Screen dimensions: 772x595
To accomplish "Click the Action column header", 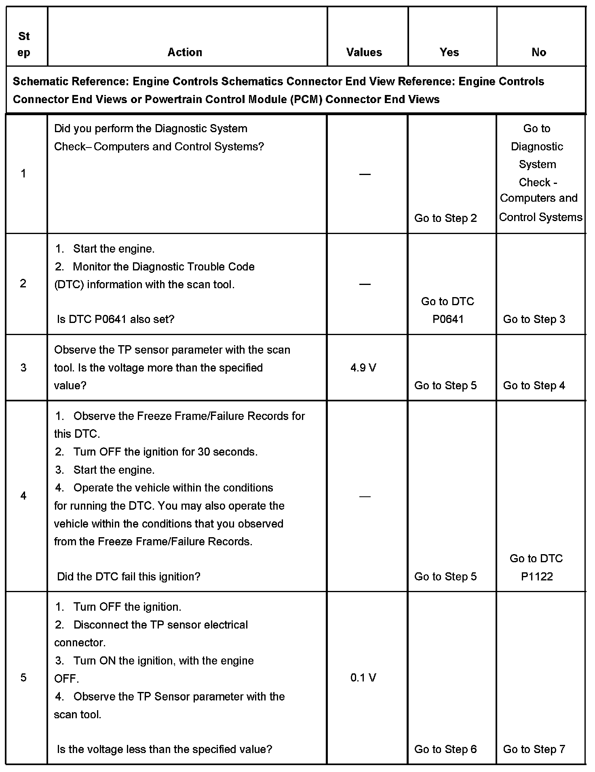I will pyautogui.click(x=185, y=52).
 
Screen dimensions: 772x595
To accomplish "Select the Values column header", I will pyautogui.click(x=364, y=52).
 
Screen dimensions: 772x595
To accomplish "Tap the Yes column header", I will pyautogui.click(x=449, y=52).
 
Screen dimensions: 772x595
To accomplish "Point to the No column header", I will pyautogui.click(x=538, y=52).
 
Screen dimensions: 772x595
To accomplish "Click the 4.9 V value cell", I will pyautogui.click(x=363, y=368).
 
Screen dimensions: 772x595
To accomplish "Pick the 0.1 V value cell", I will pyautogui.click(x=363, y=678).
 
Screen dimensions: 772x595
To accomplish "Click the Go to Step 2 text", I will pyautogui.click(x=445, y=218).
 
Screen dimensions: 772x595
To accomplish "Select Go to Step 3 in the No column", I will pyautogui.click(x=534, y=319).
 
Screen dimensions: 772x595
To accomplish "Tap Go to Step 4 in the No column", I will pyautogui.click(x=534, y=386).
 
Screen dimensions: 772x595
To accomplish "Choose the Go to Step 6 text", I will pyautogui.click(x=445, y=749).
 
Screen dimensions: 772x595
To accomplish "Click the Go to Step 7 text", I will pyautogui.click(x=534, y=749).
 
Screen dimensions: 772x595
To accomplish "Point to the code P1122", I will pyautogui.click(x=536, y=577).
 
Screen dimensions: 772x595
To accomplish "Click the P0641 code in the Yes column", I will pyautogui.click(x=448, y=319).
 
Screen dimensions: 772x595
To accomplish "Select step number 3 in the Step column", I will pyautogui.click(x=23, y=368).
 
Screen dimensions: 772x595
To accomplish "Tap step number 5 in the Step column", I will pyautogui.click(x=23, y=678).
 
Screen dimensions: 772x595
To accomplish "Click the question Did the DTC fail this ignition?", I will pyautogui.click(x=129, y=577).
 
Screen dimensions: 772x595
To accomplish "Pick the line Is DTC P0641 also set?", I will pyautogui.click(x=116, y=319).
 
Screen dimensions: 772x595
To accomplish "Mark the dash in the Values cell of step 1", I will pyautogui.click(x=365, y=174).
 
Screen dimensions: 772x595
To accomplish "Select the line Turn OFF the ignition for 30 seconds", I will pyautogui.click(x=165, y=452).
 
